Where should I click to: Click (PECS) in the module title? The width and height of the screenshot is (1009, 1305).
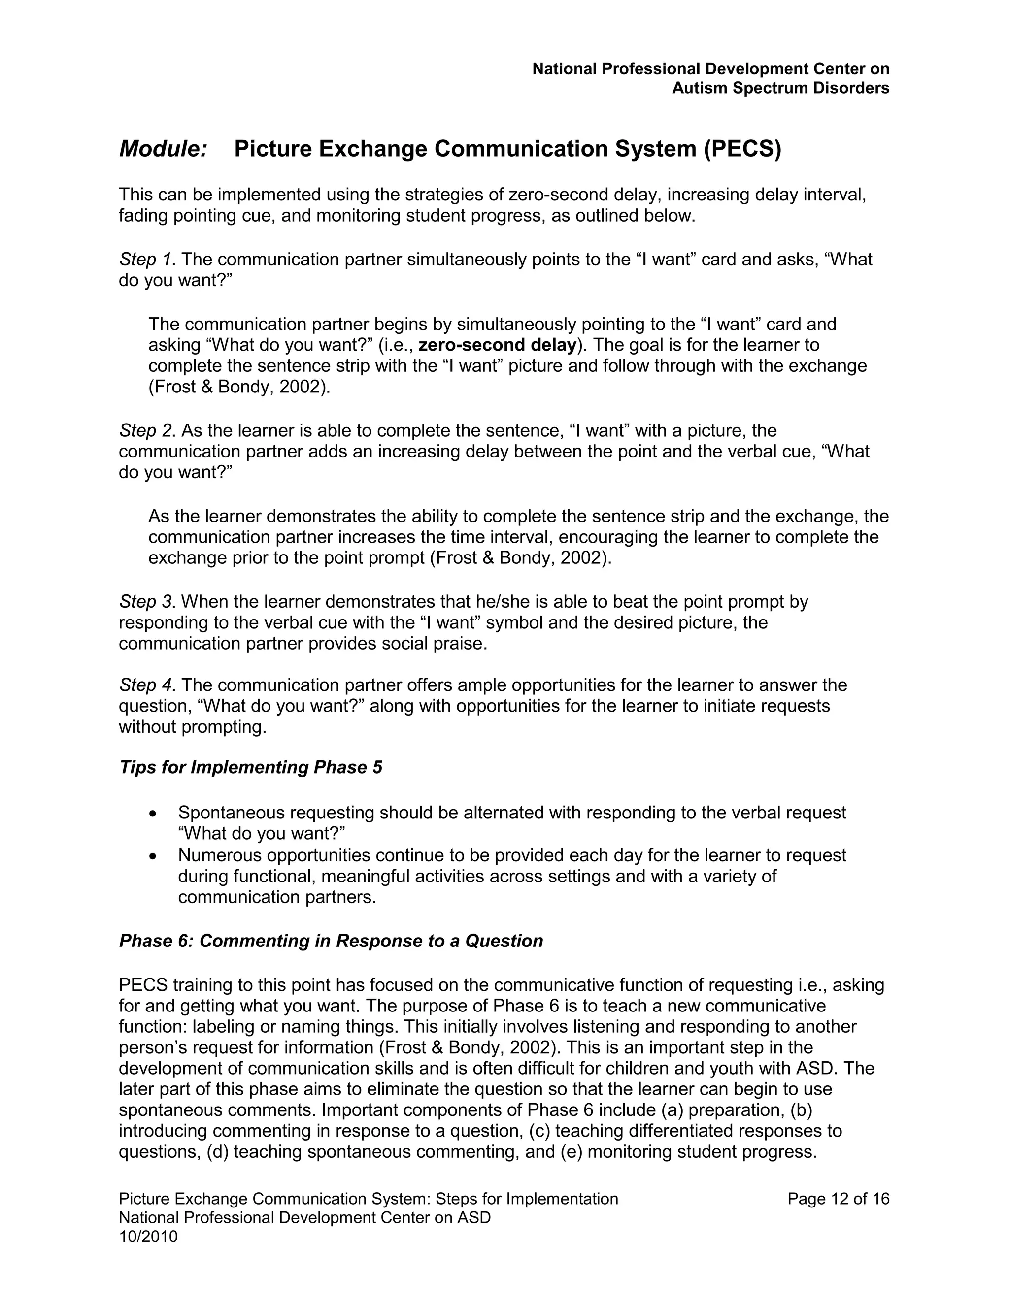pos(742,149)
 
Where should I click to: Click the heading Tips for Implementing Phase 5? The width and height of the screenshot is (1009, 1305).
pos(250,767)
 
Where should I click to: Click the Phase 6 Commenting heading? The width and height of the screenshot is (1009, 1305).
pos(331,941)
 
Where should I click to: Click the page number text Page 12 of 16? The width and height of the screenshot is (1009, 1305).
pos(838,1199)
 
